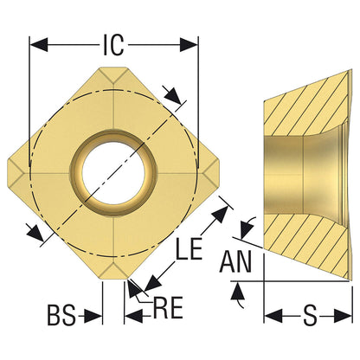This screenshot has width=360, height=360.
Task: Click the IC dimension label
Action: (113, 46)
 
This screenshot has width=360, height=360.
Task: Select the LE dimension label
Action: (190, 248)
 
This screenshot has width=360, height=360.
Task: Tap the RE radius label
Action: (169, 307)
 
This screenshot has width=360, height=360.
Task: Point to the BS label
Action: (61, 316)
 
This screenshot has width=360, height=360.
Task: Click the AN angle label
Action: (235, 261)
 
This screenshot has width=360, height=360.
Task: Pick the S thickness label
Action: (310, 316)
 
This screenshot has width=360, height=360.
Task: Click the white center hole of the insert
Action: (113, 172)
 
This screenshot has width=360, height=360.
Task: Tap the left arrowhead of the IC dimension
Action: (39, 45)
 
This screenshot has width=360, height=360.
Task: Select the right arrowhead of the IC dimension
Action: (190, 45)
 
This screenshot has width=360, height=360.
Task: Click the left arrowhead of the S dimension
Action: (273, 316)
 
